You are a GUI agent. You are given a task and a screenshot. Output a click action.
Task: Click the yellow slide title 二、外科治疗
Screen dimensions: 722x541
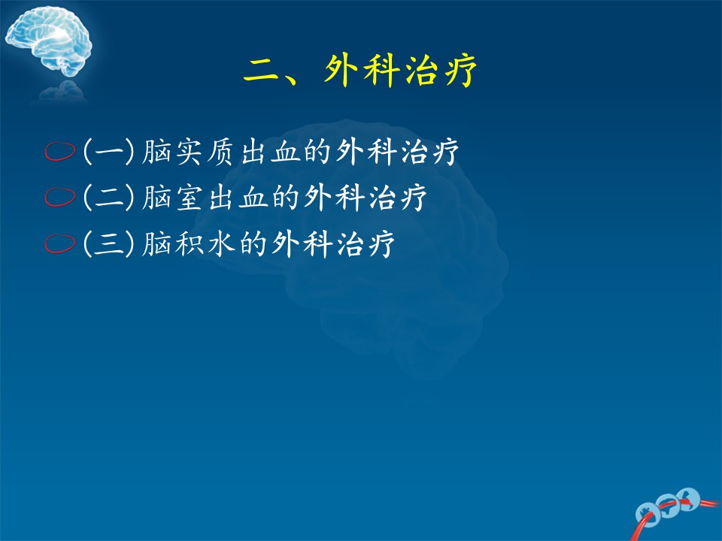point(359,71)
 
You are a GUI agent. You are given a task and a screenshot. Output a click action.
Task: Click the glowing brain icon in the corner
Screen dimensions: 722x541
point(48,41)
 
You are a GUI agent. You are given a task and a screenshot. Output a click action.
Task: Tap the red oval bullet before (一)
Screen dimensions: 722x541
point(60,151)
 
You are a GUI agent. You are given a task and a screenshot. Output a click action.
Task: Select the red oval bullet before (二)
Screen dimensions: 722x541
point(60,197)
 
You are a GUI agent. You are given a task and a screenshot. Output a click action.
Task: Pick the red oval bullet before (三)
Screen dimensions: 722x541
point(60,243)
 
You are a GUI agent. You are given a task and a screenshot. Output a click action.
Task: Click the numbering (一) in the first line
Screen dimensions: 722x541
point(109,151)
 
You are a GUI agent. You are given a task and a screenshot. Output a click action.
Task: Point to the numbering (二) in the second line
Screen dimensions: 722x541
point(109,198)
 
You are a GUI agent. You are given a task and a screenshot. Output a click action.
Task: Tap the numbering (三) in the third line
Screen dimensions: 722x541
point(109,243)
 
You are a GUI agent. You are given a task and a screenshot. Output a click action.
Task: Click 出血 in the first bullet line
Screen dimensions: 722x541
point(271,151)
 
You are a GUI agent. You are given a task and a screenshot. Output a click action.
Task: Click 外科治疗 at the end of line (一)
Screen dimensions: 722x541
point(398,151)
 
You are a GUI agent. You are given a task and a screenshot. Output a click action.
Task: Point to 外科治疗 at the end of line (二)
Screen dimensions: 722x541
point(366,198)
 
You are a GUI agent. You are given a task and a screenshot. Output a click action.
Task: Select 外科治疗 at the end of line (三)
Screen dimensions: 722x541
point(333,243)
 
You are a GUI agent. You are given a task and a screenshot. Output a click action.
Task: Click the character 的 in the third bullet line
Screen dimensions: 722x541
point(253,243)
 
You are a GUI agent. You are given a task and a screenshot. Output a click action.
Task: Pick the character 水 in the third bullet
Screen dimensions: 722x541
point(221,243)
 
